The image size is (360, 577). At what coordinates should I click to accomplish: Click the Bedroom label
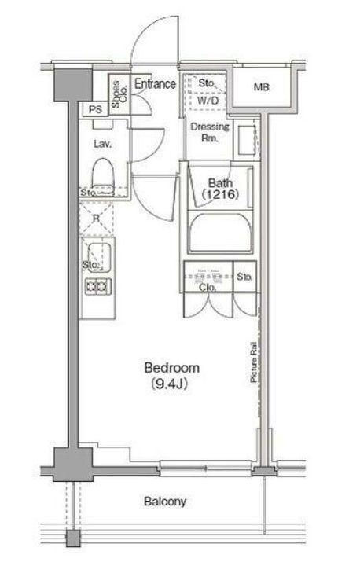(x=172, y=367)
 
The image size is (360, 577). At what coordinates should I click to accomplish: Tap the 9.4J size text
(x=169, y=384)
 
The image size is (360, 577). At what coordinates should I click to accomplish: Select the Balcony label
(x=165, y=502)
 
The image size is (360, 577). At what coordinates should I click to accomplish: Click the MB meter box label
(x=261, y=87)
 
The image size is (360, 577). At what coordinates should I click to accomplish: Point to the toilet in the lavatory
(x=102, y=173)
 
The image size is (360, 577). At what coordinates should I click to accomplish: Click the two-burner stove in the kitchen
(x=98, y=287)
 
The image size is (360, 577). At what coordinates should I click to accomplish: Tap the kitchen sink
(x=99, y=257)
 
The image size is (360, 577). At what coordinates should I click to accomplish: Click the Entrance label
(x=155, y=84)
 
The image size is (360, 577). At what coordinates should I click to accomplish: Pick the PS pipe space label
(x=95, y=109)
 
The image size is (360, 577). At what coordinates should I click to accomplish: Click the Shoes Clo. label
(x=119, y=94)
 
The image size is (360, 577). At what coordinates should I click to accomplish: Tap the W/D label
(x=208, y=101)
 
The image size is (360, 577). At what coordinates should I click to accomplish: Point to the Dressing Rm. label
(x=209, y=133)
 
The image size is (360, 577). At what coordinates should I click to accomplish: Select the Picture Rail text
(x=254, y=362)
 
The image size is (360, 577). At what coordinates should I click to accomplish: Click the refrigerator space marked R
(x=97, y=219)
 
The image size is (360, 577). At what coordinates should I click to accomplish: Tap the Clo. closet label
(x=208, y=288)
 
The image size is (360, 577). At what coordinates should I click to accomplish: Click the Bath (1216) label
(x=221, y=189)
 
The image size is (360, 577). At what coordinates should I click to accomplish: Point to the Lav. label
(x=102, y=144)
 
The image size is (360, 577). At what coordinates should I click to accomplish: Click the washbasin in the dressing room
(x=247, y=140)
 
